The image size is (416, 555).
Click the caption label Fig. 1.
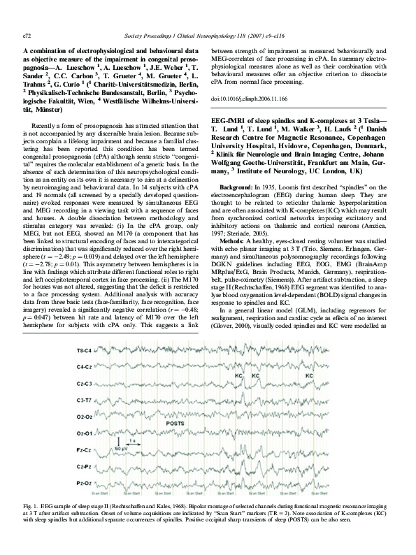click(31, 504)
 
